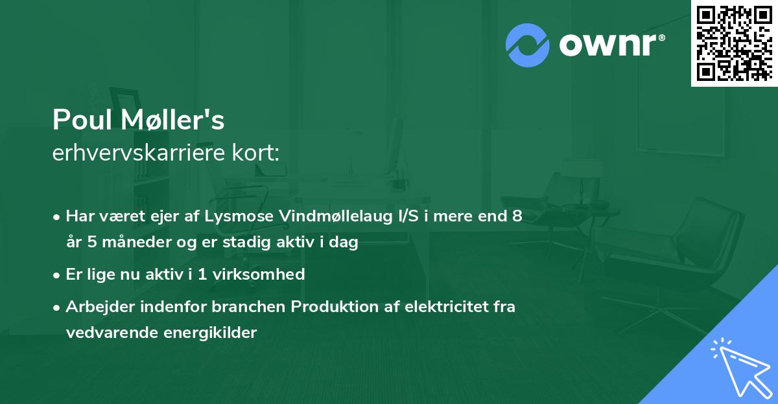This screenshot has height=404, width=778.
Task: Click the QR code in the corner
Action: [734, 43]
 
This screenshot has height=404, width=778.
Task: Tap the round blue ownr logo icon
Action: [528, 45]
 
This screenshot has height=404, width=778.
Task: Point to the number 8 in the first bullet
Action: [517, 216]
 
